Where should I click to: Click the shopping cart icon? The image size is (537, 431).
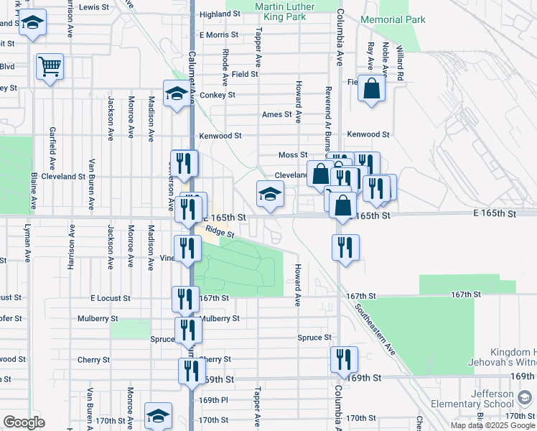(50, 68)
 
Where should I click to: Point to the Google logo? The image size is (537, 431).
(24, 422)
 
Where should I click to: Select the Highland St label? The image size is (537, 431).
(219, 14)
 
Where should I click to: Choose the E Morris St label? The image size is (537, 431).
(219, 34)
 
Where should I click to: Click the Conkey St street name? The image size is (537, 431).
(218, 95)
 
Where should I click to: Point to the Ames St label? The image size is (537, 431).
(277, 114)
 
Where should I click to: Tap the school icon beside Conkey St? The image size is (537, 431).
(176, 93)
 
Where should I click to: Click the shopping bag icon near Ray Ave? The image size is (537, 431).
(372, 89)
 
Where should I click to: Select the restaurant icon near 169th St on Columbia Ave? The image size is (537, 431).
(344, 358)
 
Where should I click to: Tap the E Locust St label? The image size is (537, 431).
(111, 297)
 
